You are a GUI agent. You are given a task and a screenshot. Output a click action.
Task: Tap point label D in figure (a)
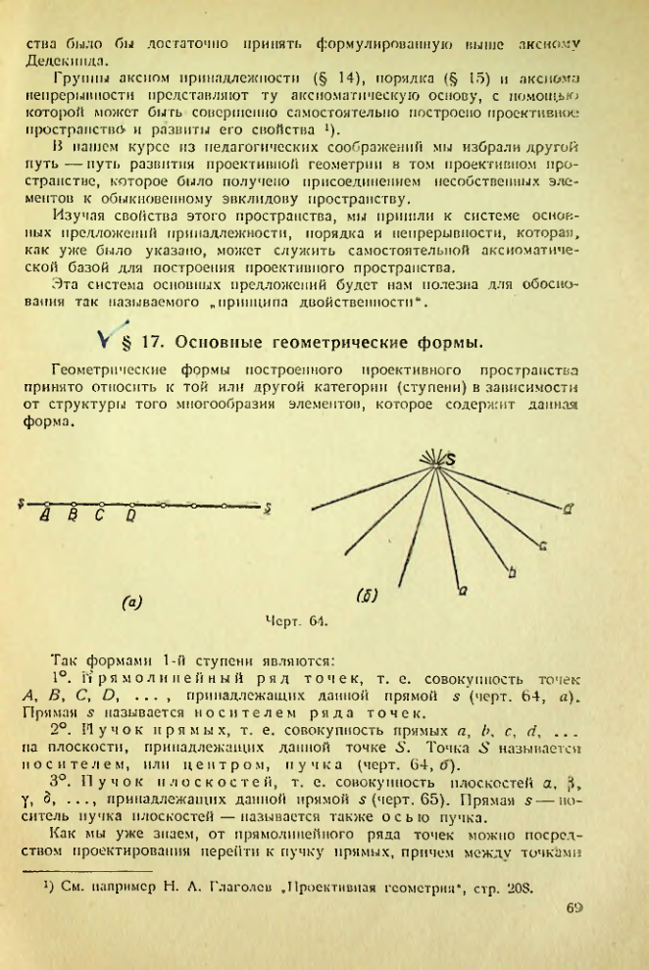click(x=130, y=514)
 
